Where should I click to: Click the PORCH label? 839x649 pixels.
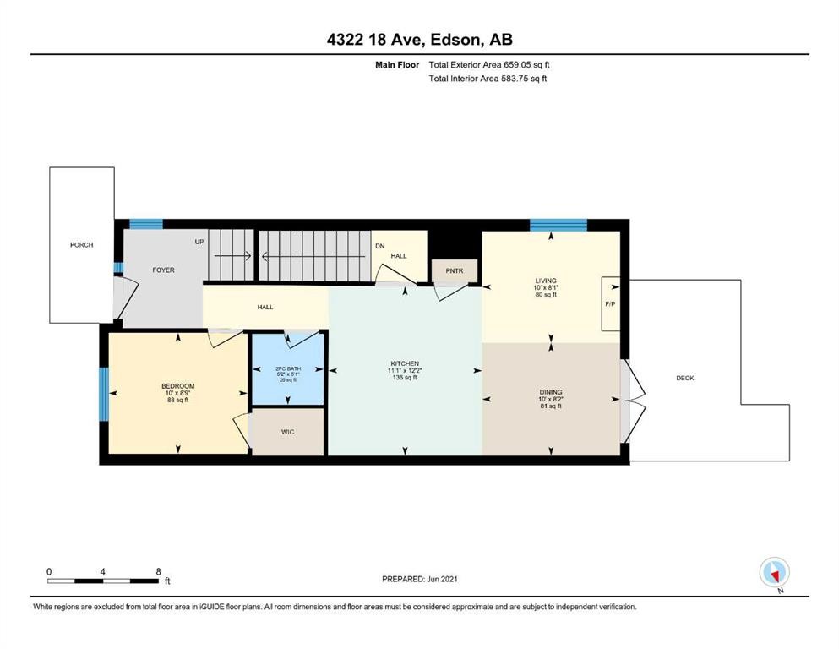[82, 245]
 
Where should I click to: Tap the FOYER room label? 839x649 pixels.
[163, 270]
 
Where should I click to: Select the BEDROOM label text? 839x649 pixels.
[178, 386]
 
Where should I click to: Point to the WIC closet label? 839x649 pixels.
[288, 431]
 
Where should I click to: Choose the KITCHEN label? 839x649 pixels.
[405, 364]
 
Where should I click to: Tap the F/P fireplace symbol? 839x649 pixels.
[610, 303]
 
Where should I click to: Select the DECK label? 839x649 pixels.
[685, 378]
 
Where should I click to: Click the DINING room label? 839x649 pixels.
[551, 392]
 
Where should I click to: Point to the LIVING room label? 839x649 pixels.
[546, 281]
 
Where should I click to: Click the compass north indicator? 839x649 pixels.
[774, 573]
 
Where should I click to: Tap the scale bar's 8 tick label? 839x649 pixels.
[158, 571]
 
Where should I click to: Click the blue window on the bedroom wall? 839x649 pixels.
[104, 395]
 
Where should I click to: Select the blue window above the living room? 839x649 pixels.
[558, 224]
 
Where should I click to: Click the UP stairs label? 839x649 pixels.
[199, 243]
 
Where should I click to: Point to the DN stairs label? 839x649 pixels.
[380, 245]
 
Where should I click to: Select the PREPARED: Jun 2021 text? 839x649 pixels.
[420, 579]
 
